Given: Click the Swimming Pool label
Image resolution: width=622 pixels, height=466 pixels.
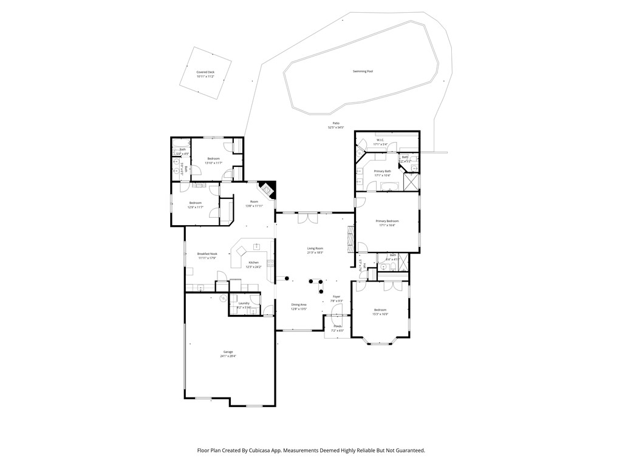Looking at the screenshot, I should coord(363,72).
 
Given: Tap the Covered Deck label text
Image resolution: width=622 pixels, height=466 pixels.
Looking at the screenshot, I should coord(205,72).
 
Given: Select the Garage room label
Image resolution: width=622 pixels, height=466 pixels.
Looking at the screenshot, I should coord(228,352).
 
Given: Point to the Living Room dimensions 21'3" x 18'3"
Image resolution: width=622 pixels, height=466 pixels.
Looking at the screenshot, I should coord(315,252).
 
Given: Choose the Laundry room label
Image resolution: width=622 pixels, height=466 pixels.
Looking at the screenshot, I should coord(244,303).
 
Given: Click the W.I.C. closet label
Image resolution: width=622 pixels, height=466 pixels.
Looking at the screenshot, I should coord(380,140).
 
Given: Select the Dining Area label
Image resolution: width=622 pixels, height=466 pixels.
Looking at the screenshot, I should coord(298,305).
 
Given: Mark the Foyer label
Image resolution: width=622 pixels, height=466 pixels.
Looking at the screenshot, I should coord(336,297).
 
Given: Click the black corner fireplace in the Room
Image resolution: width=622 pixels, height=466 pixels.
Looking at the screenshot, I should coord(268,189).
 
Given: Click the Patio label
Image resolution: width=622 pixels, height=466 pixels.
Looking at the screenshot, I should coord(336,123).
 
